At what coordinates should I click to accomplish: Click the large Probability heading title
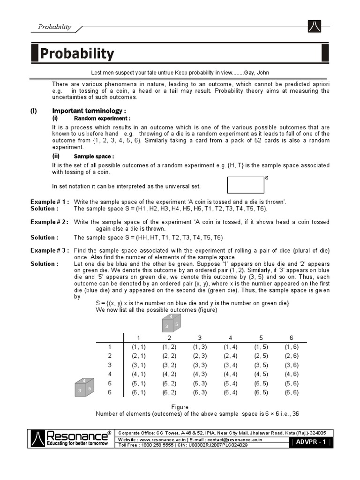77,53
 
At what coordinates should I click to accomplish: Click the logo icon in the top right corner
315,27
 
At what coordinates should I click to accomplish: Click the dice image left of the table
85,387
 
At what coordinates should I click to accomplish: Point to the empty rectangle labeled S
246,185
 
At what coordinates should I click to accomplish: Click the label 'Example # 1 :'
50,202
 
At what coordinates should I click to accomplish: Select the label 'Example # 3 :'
50,250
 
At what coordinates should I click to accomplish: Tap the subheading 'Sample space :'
94,156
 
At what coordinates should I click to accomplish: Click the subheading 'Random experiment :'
102,119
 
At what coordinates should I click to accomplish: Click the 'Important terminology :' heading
89,111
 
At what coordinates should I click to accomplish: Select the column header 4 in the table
230,337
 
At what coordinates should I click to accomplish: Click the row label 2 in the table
110,356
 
